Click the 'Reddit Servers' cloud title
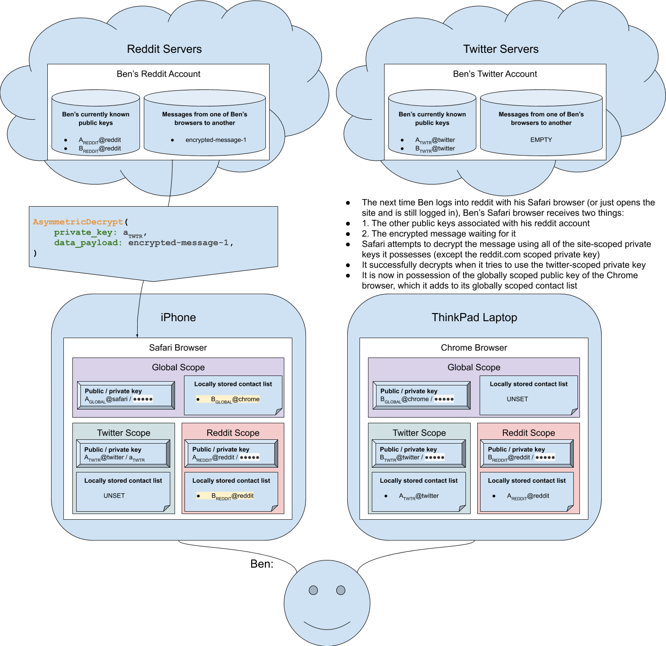[164, 49]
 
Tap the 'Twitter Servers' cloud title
[501, 49]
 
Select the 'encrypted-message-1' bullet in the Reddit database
[216, 140]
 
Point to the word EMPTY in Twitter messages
[541, 140]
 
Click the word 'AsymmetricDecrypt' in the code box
[78, 222]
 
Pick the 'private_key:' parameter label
[85, 232]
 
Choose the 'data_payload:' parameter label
[88, 243]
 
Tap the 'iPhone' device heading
[178, 317]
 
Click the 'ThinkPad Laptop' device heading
[474, 317]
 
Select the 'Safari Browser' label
[178, 348]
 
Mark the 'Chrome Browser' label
[474, 348]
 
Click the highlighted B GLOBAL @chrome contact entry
[235, 400]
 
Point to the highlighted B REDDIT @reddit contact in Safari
[232, 496]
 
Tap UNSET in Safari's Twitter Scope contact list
[114, 496]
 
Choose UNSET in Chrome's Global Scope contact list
[517, 399]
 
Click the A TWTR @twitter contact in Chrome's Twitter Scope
[419, 496]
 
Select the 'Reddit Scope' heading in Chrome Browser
[528, 433]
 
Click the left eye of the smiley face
[313, 590]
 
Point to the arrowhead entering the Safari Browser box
[137, 336]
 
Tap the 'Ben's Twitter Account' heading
[495, 74]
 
